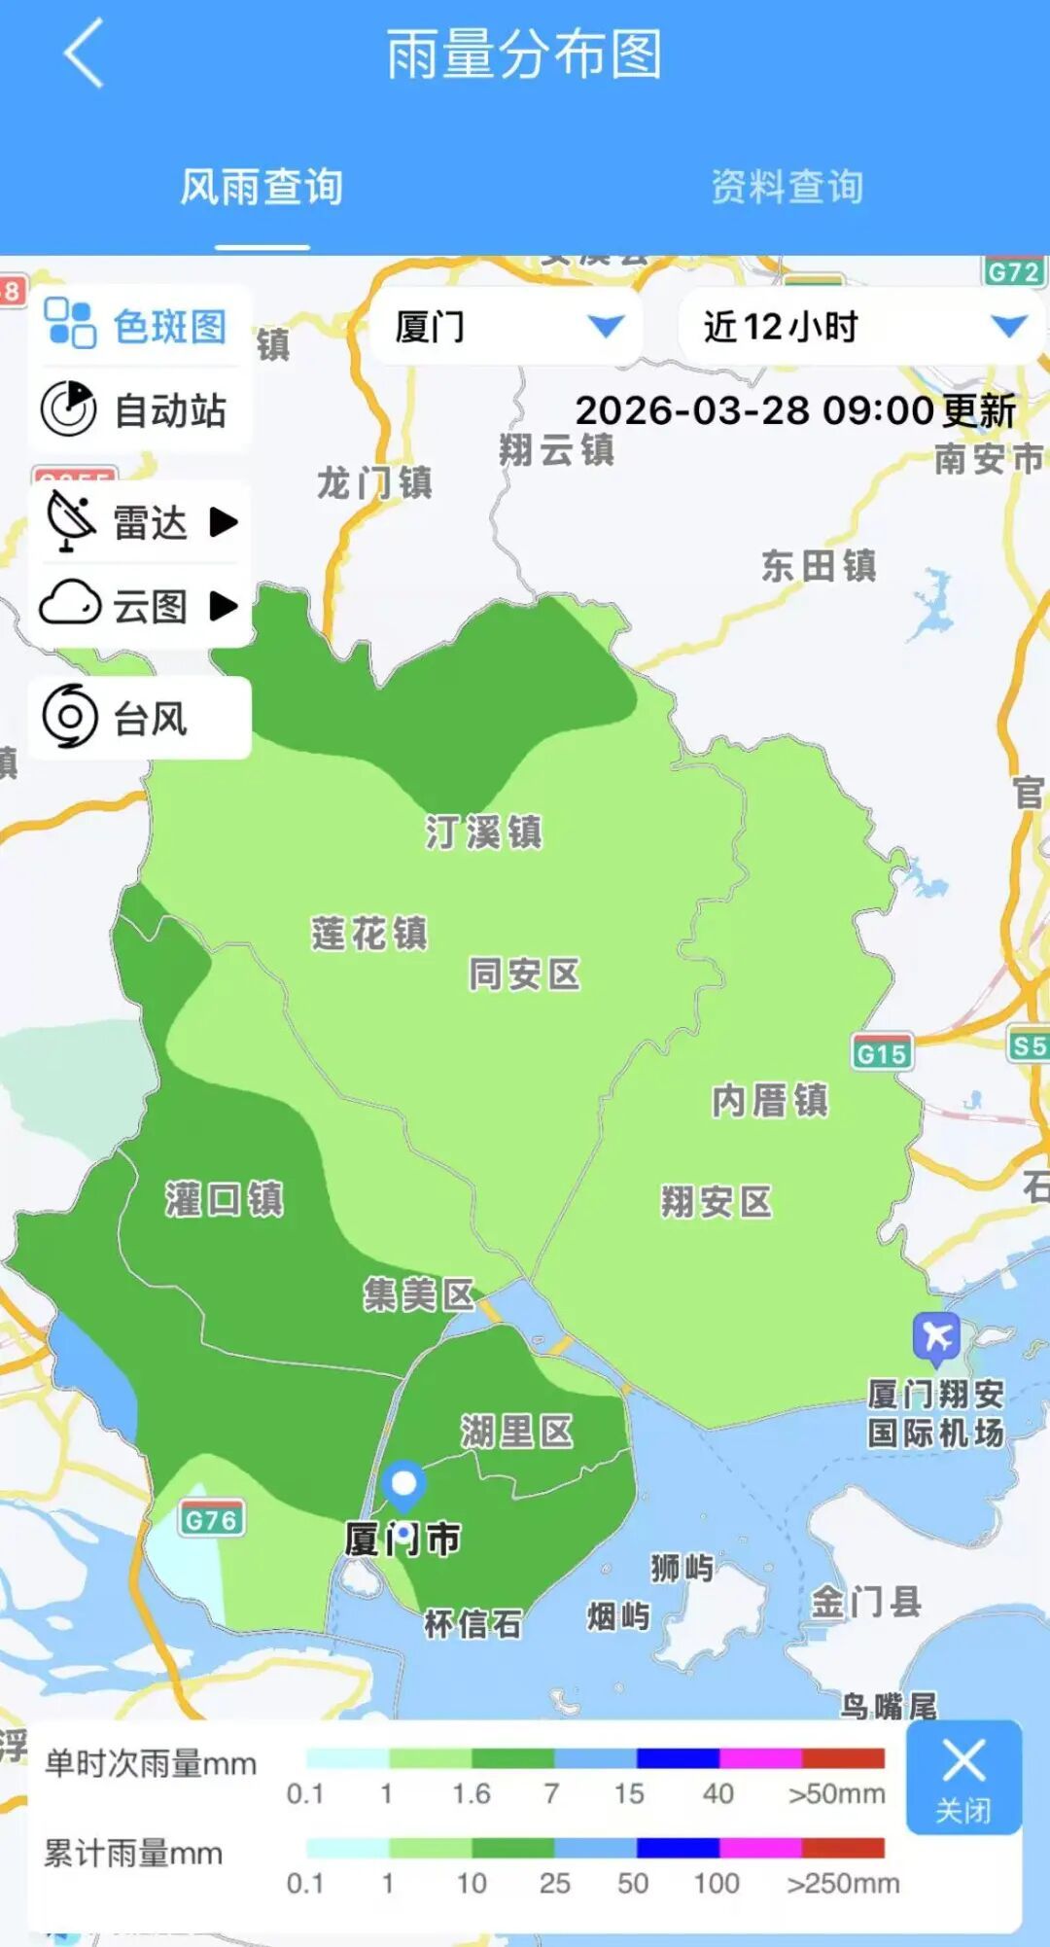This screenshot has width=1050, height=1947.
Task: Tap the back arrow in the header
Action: pos(85,54)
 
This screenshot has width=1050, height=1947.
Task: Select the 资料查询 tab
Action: pos(787,187)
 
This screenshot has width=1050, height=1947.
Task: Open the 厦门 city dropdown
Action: pos(507,327)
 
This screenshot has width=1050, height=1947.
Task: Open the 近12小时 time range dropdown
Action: pos(861,327)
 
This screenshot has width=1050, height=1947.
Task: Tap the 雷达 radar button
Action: pos(142,522)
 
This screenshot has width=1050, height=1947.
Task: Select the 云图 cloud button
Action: pos(142,606)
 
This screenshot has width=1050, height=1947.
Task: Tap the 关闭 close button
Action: pos(963,1778)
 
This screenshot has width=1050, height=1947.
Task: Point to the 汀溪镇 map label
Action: pos(483,832)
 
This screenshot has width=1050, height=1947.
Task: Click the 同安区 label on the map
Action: pos(525,973)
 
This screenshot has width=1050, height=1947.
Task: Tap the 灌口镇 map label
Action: pos(225,1199)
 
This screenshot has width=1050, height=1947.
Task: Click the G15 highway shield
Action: pos(882,1053)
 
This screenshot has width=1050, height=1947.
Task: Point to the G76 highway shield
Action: pos(211,1519)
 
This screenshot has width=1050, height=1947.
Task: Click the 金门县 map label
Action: pos(866,1601)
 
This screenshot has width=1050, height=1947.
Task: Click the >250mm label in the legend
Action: pos(843,1884)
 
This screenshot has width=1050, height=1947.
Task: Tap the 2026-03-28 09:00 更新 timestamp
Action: pos(795,410)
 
